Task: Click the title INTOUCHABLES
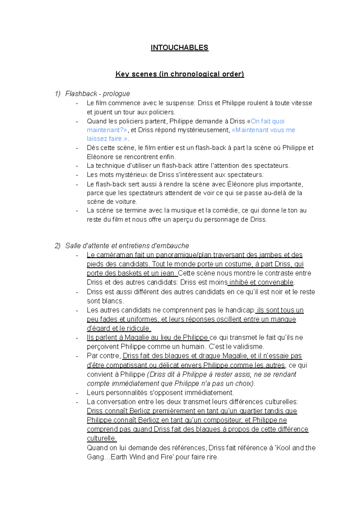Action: point(179,48)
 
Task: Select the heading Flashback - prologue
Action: point(97,94)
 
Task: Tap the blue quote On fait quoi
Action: point(268,121)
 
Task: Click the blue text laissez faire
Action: point(104,139)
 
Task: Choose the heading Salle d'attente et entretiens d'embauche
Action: point(127,246)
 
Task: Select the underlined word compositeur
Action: point(222,420)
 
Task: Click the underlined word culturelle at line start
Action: point(101,438)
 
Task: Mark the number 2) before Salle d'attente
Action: point(58,246)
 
